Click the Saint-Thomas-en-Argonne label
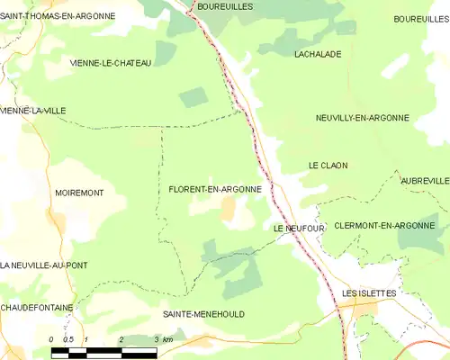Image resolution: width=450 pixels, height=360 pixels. (58, 16)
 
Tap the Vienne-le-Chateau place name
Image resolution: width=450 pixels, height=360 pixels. (111, 63)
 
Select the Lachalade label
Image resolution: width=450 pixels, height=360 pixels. (318, 54)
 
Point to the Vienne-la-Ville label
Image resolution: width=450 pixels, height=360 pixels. (33, 111)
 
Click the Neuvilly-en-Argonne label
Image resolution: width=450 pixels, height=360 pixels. (363, 118)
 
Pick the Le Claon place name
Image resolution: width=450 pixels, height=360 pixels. (328, 166)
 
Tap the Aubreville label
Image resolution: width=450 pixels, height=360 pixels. (426, 181)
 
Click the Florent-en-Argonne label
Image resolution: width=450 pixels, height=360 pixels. (215, 190)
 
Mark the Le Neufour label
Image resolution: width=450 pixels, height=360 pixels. (299, 229)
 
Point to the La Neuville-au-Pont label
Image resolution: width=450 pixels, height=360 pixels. (44, 265)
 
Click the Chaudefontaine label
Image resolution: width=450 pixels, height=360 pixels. (37, 307)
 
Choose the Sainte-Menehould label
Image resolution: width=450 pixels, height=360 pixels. (203, 314)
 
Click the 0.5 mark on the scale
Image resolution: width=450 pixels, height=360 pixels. (68, 339)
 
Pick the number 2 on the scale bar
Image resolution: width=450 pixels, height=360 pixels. (121, 339)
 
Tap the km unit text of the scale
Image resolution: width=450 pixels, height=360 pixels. (167, 339)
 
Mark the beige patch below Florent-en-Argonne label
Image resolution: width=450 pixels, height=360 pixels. (229, 211)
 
